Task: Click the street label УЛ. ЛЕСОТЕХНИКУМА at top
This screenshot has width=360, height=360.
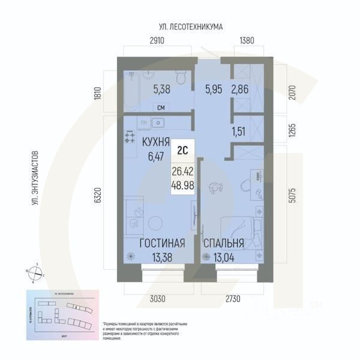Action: (191, 27)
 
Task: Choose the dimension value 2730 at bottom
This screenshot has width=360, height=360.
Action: (230, 298)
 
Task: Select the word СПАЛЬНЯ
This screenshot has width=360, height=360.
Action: (223, 244)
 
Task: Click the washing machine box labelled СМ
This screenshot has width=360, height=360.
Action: (160, 107)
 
